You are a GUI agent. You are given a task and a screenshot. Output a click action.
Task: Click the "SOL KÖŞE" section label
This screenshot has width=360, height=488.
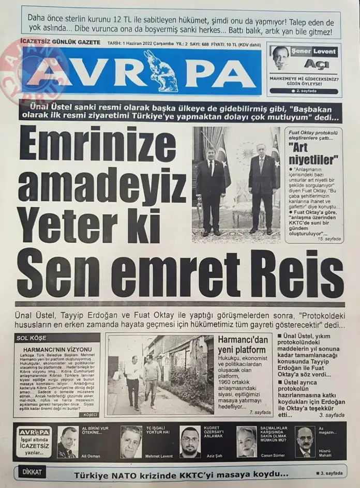[x=32, y=338]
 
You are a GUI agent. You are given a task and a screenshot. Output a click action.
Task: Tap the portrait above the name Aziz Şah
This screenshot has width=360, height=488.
[x=190, y=442]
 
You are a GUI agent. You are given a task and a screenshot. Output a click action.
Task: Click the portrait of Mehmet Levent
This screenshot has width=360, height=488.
[x=131, y=441]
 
